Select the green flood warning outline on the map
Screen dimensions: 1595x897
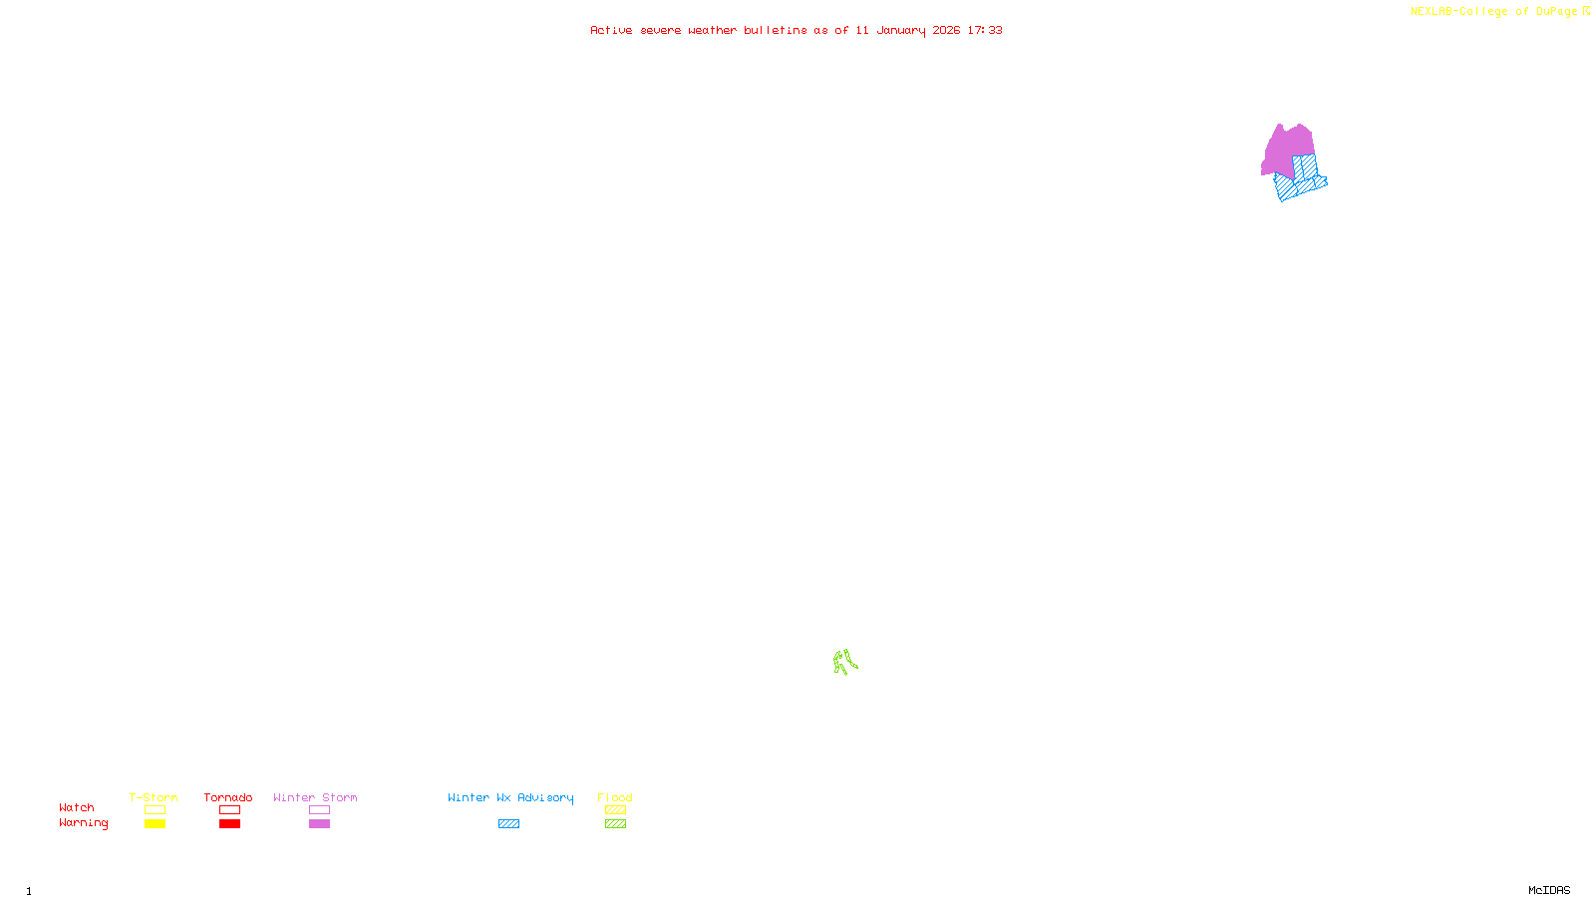tap(844, 662)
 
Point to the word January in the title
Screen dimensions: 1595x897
tap(900, 30)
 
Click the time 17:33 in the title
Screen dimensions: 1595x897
tap(985, 30)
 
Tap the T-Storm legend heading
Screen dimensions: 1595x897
tap(154, 797)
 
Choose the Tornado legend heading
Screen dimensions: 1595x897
tap(228, 797)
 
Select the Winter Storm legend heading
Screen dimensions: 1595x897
tap(315, 797)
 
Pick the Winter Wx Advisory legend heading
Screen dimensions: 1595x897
tap(510, 797)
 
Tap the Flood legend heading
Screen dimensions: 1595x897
tap(615, 797)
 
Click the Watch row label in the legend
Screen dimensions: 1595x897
tap(77, 807)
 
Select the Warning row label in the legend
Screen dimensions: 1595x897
tap(83, 823)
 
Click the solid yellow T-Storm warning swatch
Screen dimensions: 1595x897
tap(155, 824)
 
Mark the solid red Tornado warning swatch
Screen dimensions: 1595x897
tap(229, 824)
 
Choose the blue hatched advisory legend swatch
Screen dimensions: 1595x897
tap(508, 824)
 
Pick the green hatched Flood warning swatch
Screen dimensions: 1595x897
tap(615, 824)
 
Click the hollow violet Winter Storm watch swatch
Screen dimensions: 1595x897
tap(319, 810)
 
